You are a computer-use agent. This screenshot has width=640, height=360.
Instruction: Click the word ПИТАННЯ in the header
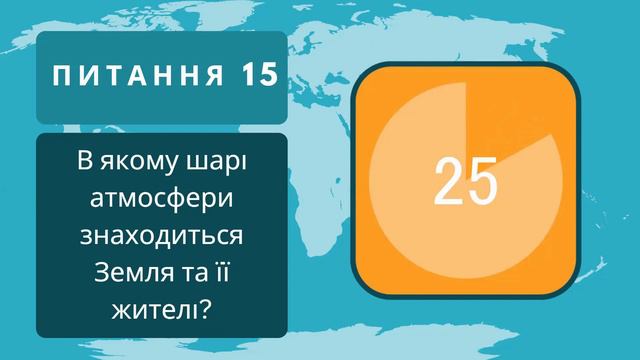138,76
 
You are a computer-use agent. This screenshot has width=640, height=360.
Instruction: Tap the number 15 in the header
258,76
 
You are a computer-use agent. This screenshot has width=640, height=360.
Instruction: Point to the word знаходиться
161,237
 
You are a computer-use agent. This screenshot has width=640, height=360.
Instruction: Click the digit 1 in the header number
247,76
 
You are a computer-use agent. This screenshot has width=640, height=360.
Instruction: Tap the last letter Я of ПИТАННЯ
216,76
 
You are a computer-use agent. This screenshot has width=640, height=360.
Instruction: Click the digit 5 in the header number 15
267,76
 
